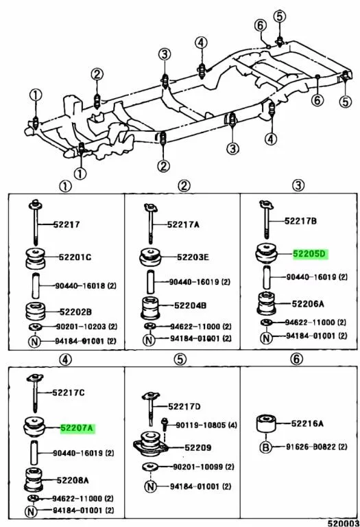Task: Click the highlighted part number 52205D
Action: coord(310,253)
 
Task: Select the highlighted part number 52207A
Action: coord(77,428)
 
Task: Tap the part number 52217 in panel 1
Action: coord(67,224)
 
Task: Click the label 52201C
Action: coord(75,257)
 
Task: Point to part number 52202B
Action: coord(75,312)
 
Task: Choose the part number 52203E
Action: coord(193,257)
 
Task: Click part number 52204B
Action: coord(191,305)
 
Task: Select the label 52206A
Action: coord(308,304)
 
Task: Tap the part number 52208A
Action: coord(73,480)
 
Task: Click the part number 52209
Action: coord(198,447)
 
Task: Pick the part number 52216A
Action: coord(307,423)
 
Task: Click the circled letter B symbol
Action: coord(265,447)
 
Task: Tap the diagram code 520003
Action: coord(344,523)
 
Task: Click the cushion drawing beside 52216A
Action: coord(266,424)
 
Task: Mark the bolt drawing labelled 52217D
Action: coord(151,408)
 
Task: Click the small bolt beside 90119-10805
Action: coord(165,425)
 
